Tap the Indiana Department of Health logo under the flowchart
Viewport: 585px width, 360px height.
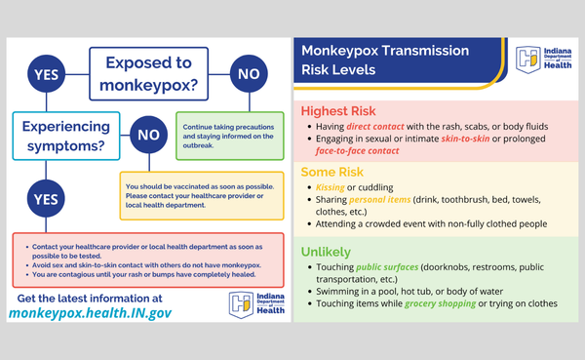(x=254, y=305)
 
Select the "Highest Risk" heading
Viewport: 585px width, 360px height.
(x=338, y=111)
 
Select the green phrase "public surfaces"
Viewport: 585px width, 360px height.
(x=396, y=268)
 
